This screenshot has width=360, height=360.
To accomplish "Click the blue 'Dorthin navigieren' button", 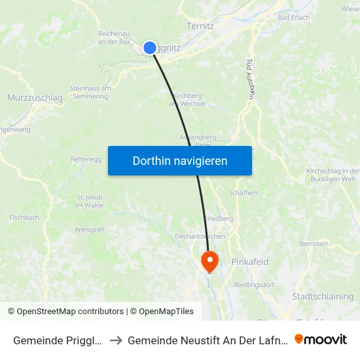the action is click(x=180, y=160).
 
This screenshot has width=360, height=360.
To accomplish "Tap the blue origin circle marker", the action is click(x=149, y=48).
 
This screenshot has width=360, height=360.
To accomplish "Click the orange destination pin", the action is click(x=210, y=261).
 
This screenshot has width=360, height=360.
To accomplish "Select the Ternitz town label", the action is click(x=200, y=26).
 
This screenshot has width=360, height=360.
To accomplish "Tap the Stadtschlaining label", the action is click(x=323, y=297).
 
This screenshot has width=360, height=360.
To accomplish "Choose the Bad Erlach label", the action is click(x=293, y=17).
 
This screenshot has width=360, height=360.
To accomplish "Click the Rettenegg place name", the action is click(x=85, y=159).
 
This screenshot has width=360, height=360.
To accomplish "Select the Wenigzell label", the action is click(x=90, y=230).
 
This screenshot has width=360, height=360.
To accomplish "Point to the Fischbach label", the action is click(x=24, y=217).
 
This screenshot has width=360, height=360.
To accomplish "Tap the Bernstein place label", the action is click(x=314, y=243).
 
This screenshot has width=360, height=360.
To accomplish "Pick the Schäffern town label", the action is click(x=243, y=193).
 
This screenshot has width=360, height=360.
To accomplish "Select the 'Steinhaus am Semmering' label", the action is click(x=89, y=92).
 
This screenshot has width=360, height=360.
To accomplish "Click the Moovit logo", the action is click(x=321, y=339).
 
